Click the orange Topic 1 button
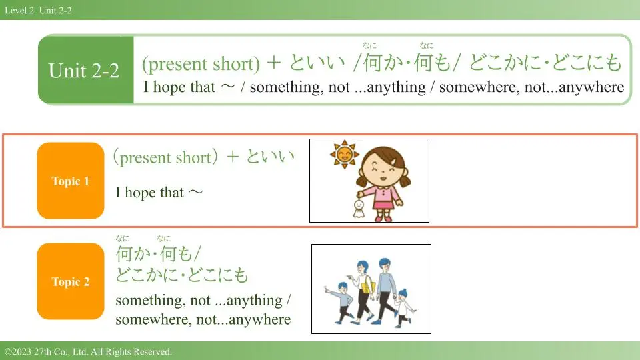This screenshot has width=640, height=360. pyautogui.click(x=71, y=181)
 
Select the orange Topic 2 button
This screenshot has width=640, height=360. pyautogui.click(x=71, y=281)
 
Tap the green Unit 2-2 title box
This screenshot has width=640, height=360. pyautogui.click(x=86, y=70)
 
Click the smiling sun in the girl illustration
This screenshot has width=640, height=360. pyautogui.click(x=345, y=154)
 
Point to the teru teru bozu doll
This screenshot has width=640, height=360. pyautogui.click(x=359, y=208)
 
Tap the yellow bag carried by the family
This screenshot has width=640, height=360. pyautogui.click(x=368, y=287)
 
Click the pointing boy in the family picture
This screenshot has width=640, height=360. pyautogui.click(x=343, y=303)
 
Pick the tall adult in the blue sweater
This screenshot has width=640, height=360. pyautogui.click(x=384, y=291)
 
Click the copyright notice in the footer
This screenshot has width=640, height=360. pyautogui.click(x=88, y=351)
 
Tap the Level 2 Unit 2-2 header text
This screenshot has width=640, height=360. pyautogui.click(x=39, y=10)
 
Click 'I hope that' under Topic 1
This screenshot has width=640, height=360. pyautogui.click(x=149, y=192)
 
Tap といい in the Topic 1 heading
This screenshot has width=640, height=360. pyautogui.click(x=270, y=157)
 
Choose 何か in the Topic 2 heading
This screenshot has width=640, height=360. pyautogui.click(x=133, y=253)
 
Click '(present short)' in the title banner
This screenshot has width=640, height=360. pyautogui.click(x=201, y=64)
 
